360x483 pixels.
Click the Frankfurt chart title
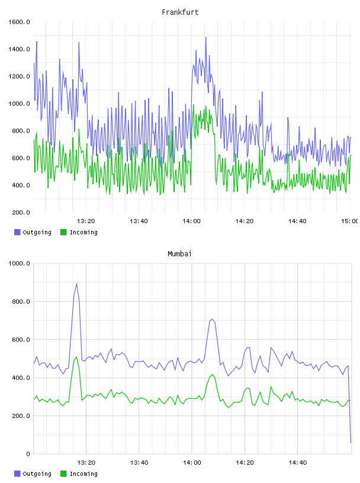click(x=180, y=12)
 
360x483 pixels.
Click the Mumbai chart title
click(x=179, y=254)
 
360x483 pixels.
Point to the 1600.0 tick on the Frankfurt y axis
click(x=19, y=22)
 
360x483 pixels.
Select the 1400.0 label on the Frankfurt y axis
click(x=19, y=49)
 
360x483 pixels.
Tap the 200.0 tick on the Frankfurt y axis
click(x=21, y=212)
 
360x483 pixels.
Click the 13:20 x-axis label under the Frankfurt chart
click(x=86, y=221)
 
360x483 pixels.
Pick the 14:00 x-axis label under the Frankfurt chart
click(x=191, y=221)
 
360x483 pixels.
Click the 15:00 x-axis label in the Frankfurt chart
click(x=349, y=221)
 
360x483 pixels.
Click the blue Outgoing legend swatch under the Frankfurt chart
click(x=17, y=232)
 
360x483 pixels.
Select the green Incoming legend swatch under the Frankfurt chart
click(x=63, y=232)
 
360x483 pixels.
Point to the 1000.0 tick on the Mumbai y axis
click(x=19, y=263)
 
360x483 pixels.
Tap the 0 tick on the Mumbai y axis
click(x=28, y=454)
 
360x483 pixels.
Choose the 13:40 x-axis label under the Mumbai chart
click(x=139, y=463)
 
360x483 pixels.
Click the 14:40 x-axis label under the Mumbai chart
click(x=298, y=463)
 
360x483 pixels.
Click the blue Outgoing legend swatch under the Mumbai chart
click(x=17, y=474)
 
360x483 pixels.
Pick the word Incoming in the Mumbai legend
click(x=83, y=474)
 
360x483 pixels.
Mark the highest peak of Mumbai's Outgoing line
click(x=76, y=284)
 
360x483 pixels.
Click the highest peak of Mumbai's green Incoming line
click(x=76, y=357)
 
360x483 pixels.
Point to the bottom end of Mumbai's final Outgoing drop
click(x=351, y=443)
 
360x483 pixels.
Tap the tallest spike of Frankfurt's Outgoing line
click(x=206, y=37)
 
